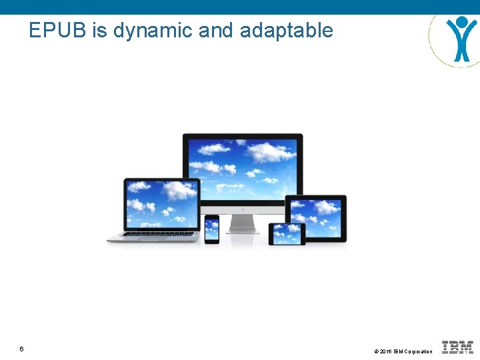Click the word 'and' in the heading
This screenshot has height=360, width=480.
[x=215, y=30]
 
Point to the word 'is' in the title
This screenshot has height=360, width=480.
[x=100, y=30]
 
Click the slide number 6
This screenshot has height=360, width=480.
[x=22, y=349]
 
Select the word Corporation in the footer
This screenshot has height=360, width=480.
[x=418, y=351]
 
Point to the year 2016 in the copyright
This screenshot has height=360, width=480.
[x=386, y=351]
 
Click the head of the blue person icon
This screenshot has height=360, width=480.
[x=462, y=21]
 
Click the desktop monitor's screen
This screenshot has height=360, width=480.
[x=243, y=166]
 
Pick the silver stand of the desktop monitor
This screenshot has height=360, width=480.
[x=243, y=223]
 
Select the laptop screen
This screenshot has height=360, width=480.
[x=162, y=203]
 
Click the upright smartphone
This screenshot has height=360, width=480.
[x=211, y=229]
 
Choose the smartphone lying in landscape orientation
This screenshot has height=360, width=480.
[x=287, y=233]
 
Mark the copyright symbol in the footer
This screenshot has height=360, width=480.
[x=377, y=351]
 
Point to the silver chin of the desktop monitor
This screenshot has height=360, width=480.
[x=243, y=209]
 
